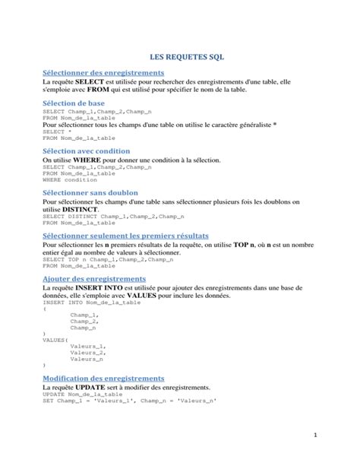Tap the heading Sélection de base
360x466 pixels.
pos(74,103)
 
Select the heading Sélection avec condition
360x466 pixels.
pos(87,151)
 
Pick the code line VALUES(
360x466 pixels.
pos(55,339)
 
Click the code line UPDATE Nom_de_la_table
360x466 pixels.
pos(82,395)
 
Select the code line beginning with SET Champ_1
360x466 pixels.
pos(129,401)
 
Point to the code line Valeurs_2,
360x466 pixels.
pos(87,352)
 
